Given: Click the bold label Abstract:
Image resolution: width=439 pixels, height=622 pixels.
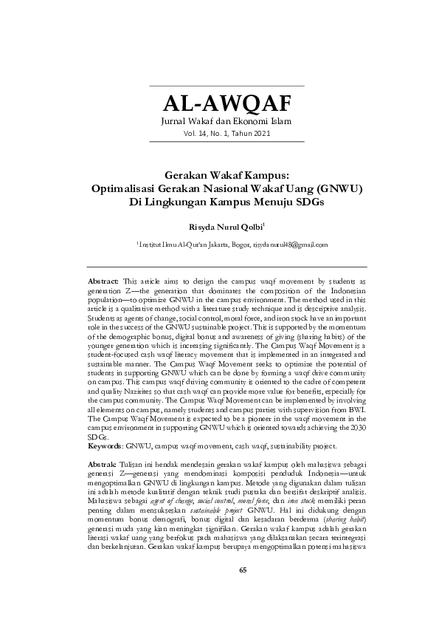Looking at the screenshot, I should [x=103, y=282].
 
